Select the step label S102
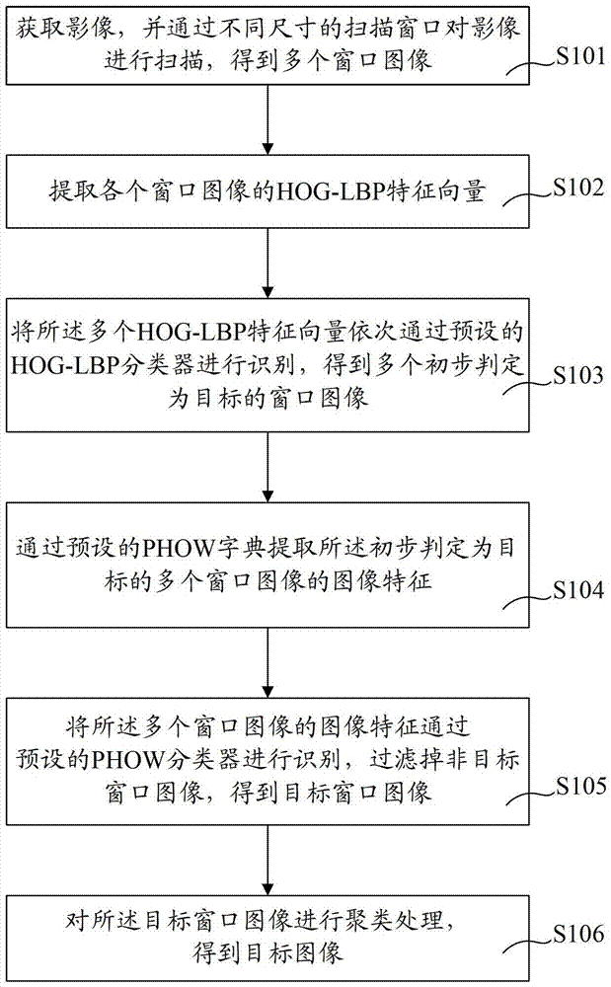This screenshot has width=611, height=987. pyautogui.click(x=578, y=187)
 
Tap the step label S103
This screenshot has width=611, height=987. pyautogui.click(x=578, y=375)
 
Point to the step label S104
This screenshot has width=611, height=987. pyautogui.click(x=578, y=590)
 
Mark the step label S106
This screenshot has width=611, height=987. pyautogui.click(x=578, y=934)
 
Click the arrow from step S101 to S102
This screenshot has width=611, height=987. pyautogui.click(x=268, y=119)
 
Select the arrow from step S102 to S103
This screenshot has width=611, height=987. pyautogui.click(x=268, y=264)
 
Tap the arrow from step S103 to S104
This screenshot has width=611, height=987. pyautogui.click(x=268, y=467)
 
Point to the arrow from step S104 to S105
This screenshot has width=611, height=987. pyautogui.click(x=268, y=663)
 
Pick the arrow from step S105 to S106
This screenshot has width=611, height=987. pyautogui.click(x=268, y=861)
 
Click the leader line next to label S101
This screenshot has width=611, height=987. pyautogui.click(x=532, y=67)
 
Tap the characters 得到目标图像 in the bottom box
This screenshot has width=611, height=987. pyautogui.click(x=268, y=952)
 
